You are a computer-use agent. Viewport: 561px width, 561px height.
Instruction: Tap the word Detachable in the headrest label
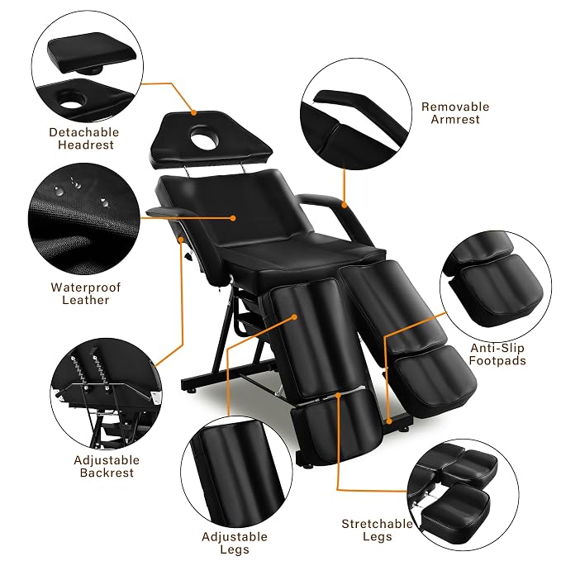(x=84, y=132)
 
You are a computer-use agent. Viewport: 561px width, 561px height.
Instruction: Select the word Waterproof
(x=86, y=288)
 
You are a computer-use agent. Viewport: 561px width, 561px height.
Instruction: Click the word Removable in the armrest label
(x=455, y=107)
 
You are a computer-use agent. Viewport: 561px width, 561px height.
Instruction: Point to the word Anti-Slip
(x=497, y=348)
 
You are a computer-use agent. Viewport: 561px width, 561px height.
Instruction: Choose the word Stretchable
(x=377, y=524)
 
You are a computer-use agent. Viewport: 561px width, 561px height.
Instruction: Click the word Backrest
(x=107, y=473)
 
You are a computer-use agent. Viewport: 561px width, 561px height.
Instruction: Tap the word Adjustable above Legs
(x=235, y=537)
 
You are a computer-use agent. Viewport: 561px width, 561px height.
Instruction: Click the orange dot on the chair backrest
(x=233, y=218)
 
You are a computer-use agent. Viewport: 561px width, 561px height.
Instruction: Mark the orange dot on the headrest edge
(x=193, y=112)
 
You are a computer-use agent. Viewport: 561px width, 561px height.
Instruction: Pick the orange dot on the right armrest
(x=345, y=206)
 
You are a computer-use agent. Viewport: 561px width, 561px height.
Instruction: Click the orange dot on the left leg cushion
(x=294, y=317)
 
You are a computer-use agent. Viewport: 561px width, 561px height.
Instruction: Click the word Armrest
(x=455, y=119)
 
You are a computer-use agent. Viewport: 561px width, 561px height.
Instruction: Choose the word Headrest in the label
(x=86, y=145)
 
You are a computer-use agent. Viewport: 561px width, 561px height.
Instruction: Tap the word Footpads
(x=497, y=360)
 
